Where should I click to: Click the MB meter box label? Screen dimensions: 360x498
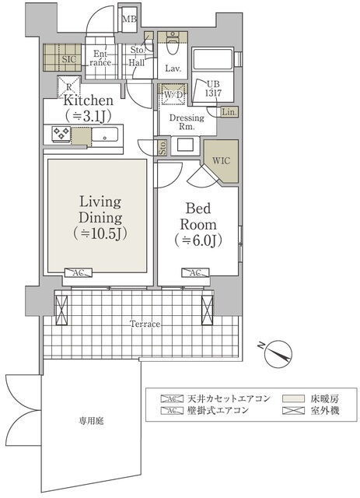point(129,19)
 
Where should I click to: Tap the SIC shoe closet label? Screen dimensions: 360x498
point(69,59)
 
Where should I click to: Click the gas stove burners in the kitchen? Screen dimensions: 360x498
point(61,133)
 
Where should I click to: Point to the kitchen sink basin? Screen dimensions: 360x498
point(105,135)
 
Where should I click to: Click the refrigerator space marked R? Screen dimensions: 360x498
point(69,87)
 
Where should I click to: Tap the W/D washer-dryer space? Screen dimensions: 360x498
point(173,94)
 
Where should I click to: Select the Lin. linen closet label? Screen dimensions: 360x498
point(229,112)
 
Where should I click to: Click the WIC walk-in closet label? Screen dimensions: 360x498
point(221,161)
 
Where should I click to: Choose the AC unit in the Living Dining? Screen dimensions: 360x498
point(78,273)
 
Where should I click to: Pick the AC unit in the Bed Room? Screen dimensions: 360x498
point(195,273)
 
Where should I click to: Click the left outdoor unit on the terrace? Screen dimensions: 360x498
point(61,310)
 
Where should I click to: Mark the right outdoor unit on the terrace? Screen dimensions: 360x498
point(208,310)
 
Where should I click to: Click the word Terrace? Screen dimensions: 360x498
point(145,324)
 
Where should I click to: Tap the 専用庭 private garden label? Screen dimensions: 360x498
point(91,421)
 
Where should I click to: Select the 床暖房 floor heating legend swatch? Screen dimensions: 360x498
point(294,398)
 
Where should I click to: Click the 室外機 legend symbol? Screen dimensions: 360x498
point(294,411)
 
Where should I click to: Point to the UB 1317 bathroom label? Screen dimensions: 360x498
point(213,89)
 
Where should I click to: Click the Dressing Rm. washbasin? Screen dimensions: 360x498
point(185,146)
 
